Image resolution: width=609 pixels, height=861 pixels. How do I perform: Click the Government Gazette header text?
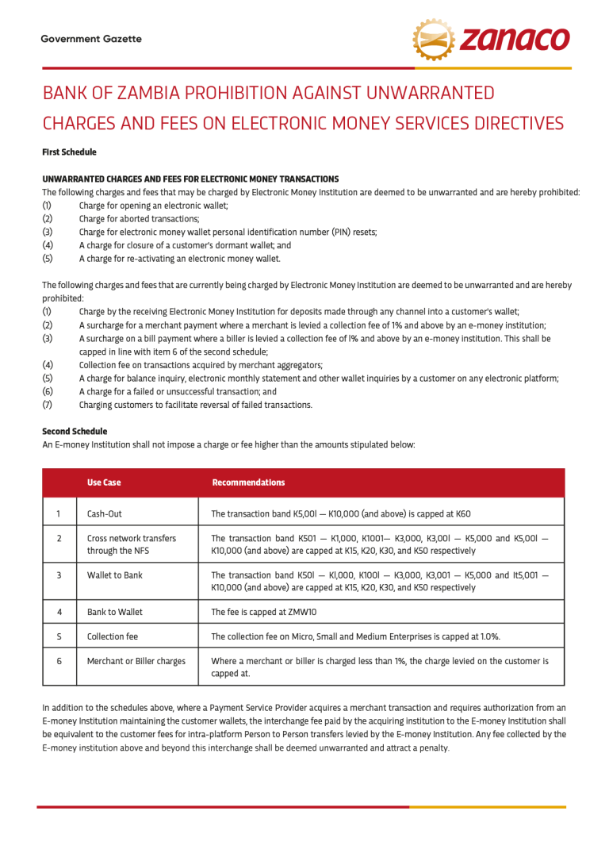(x=91, y=39)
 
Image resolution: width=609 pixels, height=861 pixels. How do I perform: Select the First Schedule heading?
(x=69, y=152)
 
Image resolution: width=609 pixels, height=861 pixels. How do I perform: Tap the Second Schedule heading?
(x=75, y=432)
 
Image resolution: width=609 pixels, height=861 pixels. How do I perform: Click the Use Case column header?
(x=104, y=482)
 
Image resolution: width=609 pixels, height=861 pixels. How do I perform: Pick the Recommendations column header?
(x=248, y=482)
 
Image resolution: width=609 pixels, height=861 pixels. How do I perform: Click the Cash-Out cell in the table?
(x=105, y=513)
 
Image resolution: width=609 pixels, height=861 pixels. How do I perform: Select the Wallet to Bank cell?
(x=115, y=575)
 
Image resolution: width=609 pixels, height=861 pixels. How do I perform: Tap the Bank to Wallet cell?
(x=115, y=612)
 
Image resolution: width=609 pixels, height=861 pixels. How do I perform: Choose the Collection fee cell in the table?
(x=113, y=636)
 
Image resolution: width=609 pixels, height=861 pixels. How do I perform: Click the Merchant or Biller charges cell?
(x=136, y=661)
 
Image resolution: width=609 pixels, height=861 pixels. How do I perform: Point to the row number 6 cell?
(x=59, y=661)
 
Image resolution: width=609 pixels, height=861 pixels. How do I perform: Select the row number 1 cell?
(x=59, y=513)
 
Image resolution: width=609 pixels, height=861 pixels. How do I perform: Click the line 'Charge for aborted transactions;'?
(x=139, y=219)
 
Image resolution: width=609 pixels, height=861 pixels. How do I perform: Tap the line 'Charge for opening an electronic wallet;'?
(x=153, y=206)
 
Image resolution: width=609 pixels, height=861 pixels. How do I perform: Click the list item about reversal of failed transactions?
(x=195, y=405)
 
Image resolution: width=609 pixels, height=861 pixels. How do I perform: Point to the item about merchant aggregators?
(x=201, y=365)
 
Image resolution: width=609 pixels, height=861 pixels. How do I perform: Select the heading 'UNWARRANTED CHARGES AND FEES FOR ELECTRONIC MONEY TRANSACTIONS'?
(x=190, y=179)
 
